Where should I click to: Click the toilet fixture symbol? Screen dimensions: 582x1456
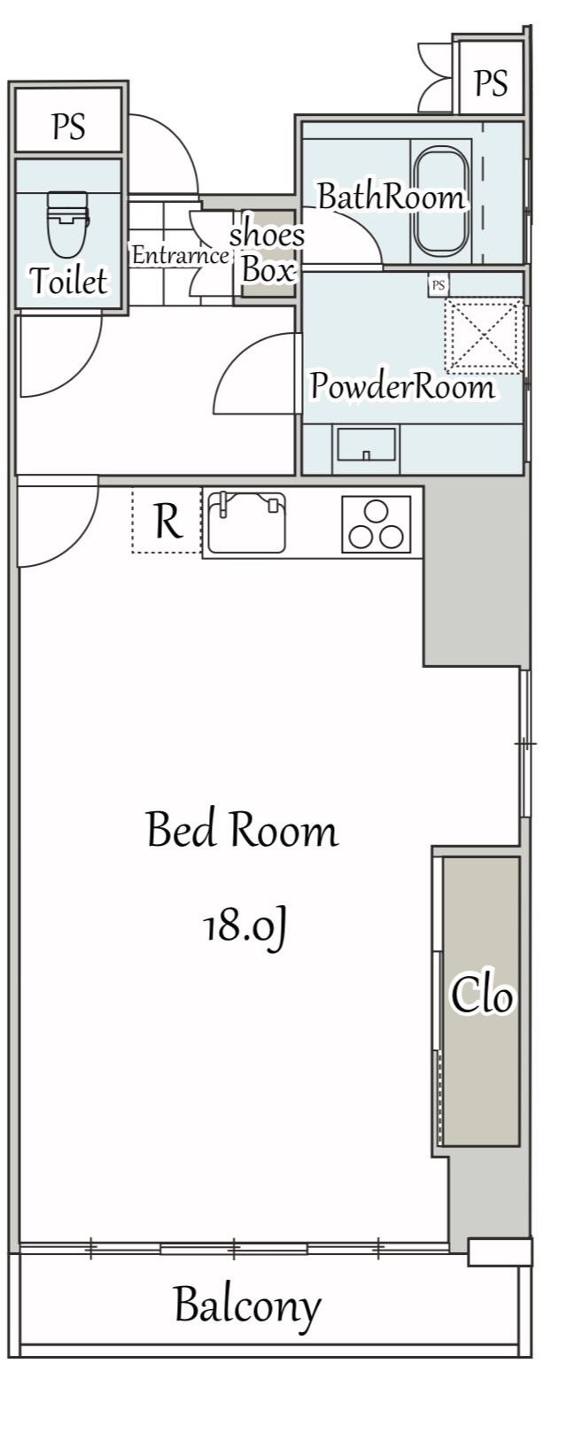click(x=67, y=223)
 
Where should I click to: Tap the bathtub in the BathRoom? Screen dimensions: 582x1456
click(x=441, y=201)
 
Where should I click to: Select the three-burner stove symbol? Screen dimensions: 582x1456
click(x=376, y=524)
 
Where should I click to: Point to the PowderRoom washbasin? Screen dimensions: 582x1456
click(x=366, y=445)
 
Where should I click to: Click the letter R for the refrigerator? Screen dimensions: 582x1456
click(x=167, y=521)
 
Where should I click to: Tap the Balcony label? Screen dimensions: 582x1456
click(x=248, y=1305)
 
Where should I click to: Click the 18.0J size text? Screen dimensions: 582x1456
click(x=245, y=927)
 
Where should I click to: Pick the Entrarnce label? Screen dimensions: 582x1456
click(x=180, y=255)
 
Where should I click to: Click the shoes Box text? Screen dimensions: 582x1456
click(x=267, y=252)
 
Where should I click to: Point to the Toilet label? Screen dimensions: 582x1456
click(x=69, y=281)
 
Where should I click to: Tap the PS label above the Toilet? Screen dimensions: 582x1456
click(x=69, y=126)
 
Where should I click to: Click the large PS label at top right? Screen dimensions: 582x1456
click(x=490, y=83)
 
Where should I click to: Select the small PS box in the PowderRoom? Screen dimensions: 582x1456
click(x=438, y=285)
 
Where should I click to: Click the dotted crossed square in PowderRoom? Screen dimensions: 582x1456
click(x=484, y=336)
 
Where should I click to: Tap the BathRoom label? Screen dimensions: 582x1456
click(x=392, y=197)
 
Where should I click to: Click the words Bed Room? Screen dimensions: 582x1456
click(x=242, y=830)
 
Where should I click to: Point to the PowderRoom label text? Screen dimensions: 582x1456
click(x=402, y=386)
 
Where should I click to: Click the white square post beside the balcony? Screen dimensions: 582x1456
click(x=501, y=1252)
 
